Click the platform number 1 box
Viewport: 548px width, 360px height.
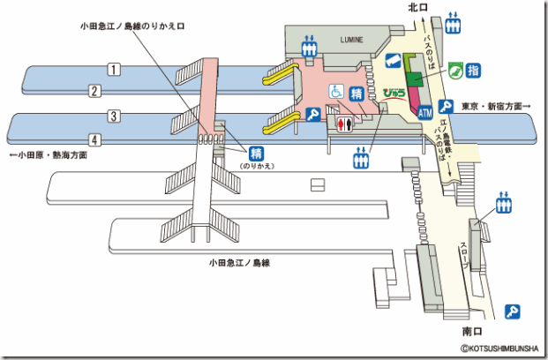click(114, 69)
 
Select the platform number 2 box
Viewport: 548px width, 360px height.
click(93, 90)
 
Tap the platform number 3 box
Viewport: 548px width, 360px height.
click(114, 116)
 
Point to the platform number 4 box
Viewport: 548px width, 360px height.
click(93, 139)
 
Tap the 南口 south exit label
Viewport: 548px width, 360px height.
click(473, 332)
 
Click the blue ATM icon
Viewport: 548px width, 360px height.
click(425, 113)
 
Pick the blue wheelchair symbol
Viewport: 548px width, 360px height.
click(335, 90)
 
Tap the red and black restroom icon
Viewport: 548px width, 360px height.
click(345, 124)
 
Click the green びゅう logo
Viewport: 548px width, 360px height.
click(394, 91)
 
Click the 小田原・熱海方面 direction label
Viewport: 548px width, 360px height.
click(48, 155)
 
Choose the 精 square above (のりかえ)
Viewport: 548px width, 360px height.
click(257, 152)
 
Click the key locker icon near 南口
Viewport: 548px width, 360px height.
click(511, 311)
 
